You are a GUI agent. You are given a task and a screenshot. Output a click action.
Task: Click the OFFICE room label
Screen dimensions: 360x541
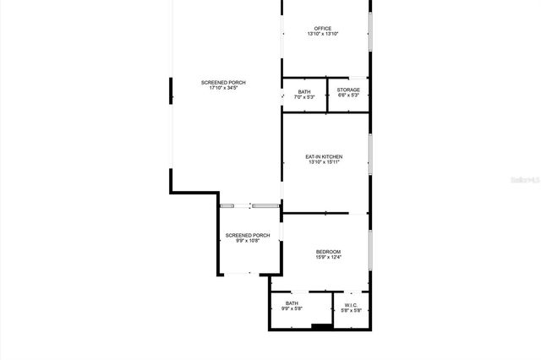point(322,29)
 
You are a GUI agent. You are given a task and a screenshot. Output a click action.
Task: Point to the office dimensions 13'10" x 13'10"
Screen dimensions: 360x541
point(322,34)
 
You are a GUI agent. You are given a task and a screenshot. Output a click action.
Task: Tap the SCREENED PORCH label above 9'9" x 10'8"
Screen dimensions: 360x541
point(248,234)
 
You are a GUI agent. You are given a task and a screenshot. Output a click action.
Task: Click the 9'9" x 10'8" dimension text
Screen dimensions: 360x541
point(248,240)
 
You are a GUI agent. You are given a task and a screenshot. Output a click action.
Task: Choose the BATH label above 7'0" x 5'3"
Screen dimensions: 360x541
point(304,91)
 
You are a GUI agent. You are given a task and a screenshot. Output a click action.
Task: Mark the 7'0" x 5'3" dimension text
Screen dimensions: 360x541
point(304,97)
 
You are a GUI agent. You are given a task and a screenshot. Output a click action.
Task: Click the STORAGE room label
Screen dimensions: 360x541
point(348,90)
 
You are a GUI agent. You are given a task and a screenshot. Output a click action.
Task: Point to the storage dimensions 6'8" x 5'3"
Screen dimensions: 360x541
point(348,95)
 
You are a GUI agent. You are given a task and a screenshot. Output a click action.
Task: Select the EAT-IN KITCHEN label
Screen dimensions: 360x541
point(324,156)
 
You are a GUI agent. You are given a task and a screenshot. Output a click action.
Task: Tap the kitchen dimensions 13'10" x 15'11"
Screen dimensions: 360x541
point(324,162)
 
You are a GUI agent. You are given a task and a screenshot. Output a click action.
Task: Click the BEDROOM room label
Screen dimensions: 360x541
point(328,251)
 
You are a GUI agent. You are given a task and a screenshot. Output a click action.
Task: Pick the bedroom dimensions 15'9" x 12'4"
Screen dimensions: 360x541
point(328,257)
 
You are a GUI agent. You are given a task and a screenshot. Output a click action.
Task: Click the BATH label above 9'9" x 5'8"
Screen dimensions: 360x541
point(292,303)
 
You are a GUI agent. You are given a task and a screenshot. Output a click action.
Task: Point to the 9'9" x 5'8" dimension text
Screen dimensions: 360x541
point(292,309)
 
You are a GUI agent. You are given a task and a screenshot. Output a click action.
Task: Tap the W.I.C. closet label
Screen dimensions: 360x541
point(351,304)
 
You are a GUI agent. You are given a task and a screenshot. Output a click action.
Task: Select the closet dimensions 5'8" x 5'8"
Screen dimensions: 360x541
point(351,310)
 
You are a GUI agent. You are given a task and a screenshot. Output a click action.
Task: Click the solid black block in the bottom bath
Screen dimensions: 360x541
point(320,326)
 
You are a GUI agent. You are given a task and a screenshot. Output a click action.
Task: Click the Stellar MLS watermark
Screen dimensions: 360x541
point(524,180)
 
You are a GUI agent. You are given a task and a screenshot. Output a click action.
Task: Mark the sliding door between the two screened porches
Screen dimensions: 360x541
point(250,205)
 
